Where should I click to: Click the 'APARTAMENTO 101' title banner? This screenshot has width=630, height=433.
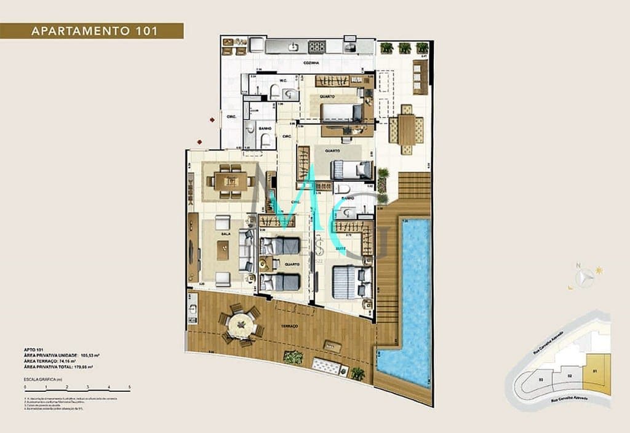(92, 31)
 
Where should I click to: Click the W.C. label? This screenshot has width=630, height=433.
(284, 80)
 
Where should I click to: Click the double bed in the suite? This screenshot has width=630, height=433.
(351, 282)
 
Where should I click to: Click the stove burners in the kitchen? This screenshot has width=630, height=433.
(316, 46)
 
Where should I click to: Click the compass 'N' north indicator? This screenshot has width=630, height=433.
(578, 266)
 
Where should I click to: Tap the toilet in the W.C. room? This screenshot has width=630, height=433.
(275, 92)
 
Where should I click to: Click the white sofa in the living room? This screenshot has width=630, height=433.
(245, 251)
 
